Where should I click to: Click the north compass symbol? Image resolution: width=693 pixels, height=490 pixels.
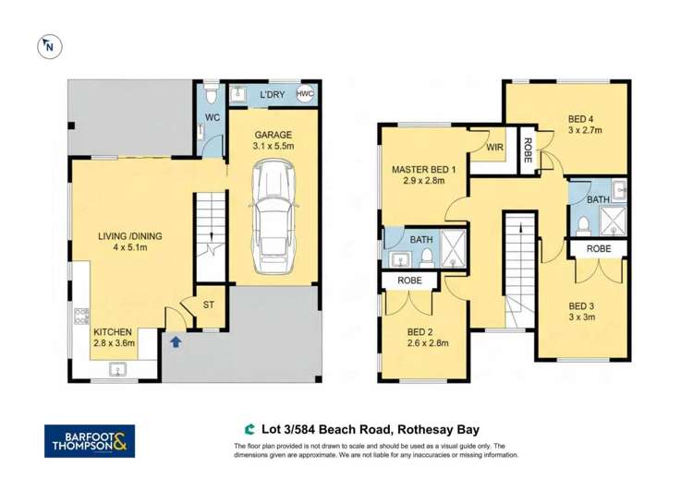48,44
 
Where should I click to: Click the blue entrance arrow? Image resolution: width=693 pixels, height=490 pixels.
176,342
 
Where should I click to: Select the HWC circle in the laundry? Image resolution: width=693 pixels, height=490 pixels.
305,95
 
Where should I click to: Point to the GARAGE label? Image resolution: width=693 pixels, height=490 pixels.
273,134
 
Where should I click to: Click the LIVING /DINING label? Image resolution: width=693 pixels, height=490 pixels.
130,236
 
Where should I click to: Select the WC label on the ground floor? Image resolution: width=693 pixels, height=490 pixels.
211,117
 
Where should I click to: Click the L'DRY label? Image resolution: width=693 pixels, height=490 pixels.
271,95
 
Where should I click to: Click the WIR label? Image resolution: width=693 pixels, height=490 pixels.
493,147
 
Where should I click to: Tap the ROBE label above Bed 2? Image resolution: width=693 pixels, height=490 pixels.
410,281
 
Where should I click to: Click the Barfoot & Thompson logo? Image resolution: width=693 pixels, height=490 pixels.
90,441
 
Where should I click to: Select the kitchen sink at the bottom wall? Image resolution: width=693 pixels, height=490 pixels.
117,369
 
